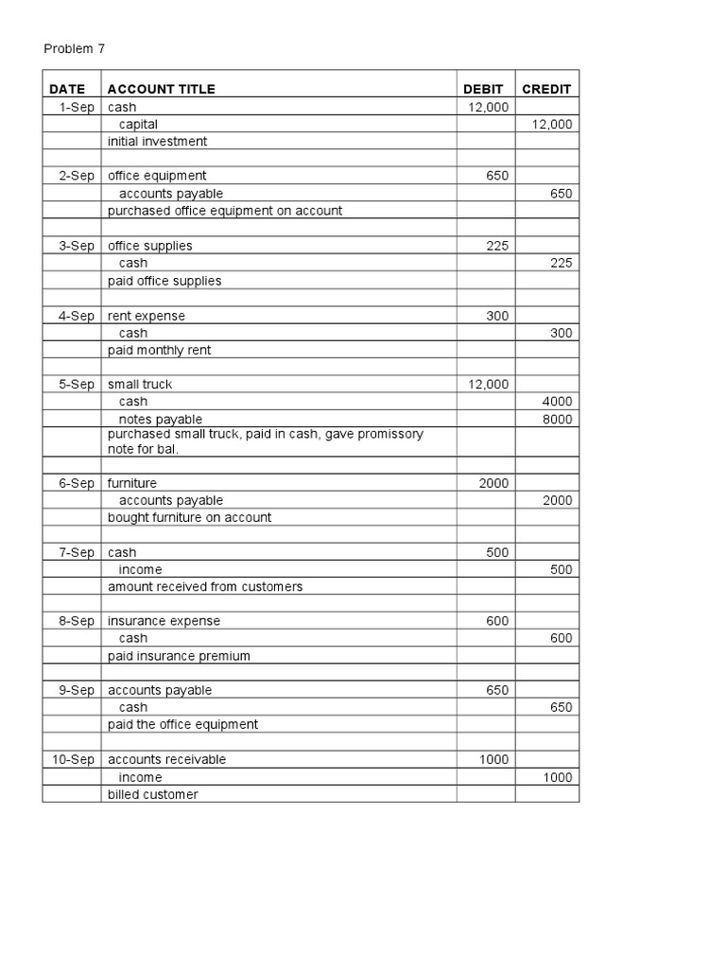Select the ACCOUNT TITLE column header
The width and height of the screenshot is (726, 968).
[161, 89]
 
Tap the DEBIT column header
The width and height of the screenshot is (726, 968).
[483, 89]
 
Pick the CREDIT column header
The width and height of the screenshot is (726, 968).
[546, 89]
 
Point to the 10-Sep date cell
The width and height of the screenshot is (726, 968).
[74, 759]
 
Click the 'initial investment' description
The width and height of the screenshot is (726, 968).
[157, 141]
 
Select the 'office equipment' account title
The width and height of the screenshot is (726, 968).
[157, 175]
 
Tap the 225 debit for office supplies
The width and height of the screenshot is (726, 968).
[497, 246]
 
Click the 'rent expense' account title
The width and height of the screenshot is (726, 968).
[147, 316]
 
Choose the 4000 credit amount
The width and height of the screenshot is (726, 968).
[557, 402]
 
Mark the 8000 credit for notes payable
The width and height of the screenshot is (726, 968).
[557, 419]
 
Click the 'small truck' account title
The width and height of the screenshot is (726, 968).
[140, 384]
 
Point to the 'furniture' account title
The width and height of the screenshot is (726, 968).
[132, 483]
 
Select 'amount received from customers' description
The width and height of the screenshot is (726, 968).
[205, 586]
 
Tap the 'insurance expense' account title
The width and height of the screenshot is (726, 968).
[164, 621]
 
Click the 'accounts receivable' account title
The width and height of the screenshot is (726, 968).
[167, 759]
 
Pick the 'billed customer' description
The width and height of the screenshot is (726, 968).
[153, 794]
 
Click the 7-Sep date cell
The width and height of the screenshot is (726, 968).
[77, 552]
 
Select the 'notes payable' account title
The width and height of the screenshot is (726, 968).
[160, 419]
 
